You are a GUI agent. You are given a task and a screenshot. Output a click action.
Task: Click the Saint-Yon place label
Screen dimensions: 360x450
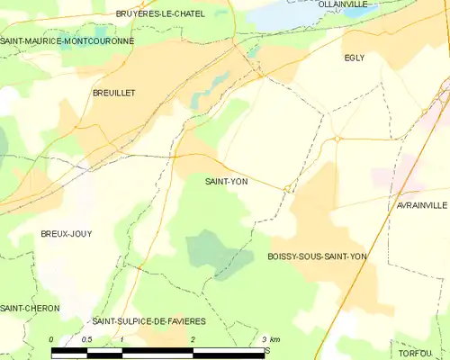tap(227, 181)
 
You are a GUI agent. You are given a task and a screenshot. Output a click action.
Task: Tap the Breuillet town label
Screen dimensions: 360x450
tap(112, 93)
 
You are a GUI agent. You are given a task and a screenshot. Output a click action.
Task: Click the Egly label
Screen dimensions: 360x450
tap(355, 58)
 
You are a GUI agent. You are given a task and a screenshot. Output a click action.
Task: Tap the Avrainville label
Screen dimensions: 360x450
tap(421, 205)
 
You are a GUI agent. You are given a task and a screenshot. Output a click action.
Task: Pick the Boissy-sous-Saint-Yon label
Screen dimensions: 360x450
tap(317, 256)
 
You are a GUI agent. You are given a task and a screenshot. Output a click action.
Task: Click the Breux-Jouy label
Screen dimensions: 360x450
tap(66, 233)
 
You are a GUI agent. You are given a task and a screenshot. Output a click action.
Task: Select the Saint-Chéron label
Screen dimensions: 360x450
tap(30, 308)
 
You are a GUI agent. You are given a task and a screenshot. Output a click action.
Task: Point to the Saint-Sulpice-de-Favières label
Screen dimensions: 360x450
tap(149, 321)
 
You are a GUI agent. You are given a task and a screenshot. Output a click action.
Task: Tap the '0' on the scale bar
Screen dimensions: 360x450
tap(51, 339)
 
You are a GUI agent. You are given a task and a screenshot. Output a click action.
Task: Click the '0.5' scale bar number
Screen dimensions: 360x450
tap(86, 339)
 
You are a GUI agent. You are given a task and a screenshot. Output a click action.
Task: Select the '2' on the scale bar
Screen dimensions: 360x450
tap(193, 339)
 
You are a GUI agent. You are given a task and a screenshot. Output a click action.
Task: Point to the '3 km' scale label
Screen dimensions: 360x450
tap(269, 339)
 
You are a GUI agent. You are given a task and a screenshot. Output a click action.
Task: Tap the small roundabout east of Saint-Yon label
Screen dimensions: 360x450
tap(287, 188)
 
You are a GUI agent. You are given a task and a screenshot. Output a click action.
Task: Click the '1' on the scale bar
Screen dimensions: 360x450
tap(122, 339)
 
